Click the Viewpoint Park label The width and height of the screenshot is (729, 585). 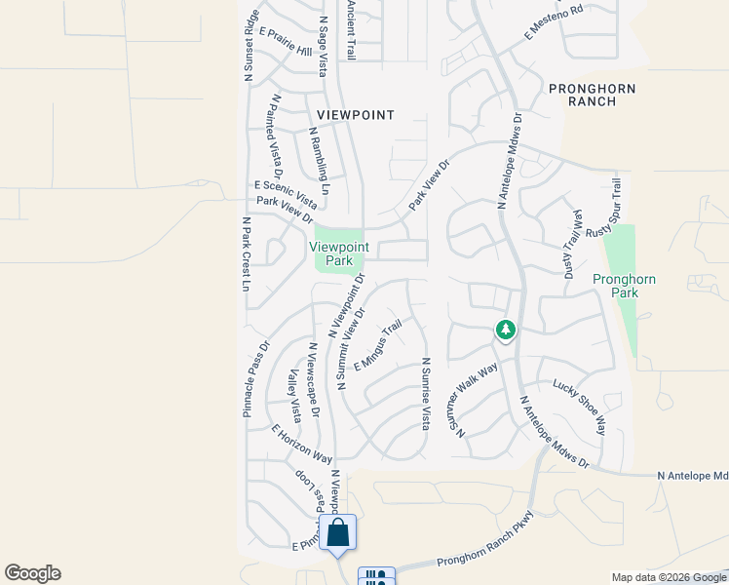337,253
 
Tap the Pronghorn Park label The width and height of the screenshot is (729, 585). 624,286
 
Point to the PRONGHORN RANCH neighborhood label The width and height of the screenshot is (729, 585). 592,95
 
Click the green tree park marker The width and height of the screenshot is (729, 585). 505,330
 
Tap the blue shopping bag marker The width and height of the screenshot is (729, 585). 337,533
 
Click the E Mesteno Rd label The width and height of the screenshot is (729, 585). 553,22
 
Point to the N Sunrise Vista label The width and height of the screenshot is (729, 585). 425,394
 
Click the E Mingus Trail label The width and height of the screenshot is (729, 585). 378,345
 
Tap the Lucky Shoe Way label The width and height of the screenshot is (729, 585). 579,408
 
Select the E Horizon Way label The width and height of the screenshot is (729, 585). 302,444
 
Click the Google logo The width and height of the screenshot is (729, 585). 32,573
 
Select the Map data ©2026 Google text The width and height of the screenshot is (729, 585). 669,577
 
